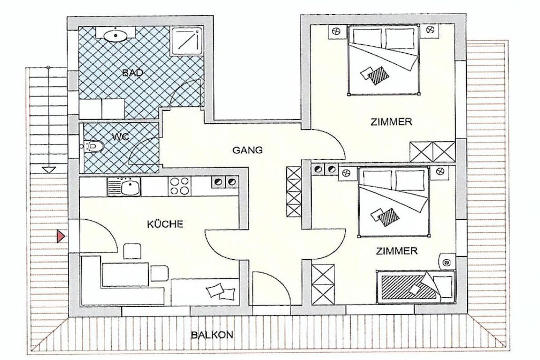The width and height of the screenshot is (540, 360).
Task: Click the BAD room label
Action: tap(132, 73)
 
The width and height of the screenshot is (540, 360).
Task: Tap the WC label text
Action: tap(120, 137)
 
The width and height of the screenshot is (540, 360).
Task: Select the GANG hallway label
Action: tap(247, 150)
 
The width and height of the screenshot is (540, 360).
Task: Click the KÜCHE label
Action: tap(165, 225)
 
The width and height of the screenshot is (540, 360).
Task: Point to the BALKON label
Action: tap(212, 335)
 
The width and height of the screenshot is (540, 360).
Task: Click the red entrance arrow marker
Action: tap(61, 237)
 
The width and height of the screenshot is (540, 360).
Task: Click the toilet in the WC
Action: tap(94, 147)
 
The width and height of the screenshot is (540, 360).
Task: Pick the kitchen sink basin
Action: tap(130, 188)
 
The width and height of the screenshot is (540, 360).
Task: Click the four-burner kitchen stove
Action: tap(179, 187)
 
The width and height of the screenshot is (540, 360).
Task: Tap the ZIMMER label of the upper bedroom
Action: tap(391, 122)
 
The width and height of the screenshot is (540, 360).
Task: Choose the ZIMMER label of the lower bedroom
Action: tap(397, 251)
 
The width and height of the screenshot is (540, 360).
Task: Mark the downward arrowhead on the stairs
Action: tap(49, 169)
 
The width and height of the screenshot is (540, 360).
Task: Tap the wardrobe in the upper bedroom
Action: tap(432, 151)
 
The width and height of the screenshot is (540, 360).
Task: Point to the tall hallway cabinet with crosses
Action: tap(294, 192)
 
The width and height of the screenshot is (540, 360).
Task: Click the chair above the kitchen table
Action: tap(132, 251)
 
